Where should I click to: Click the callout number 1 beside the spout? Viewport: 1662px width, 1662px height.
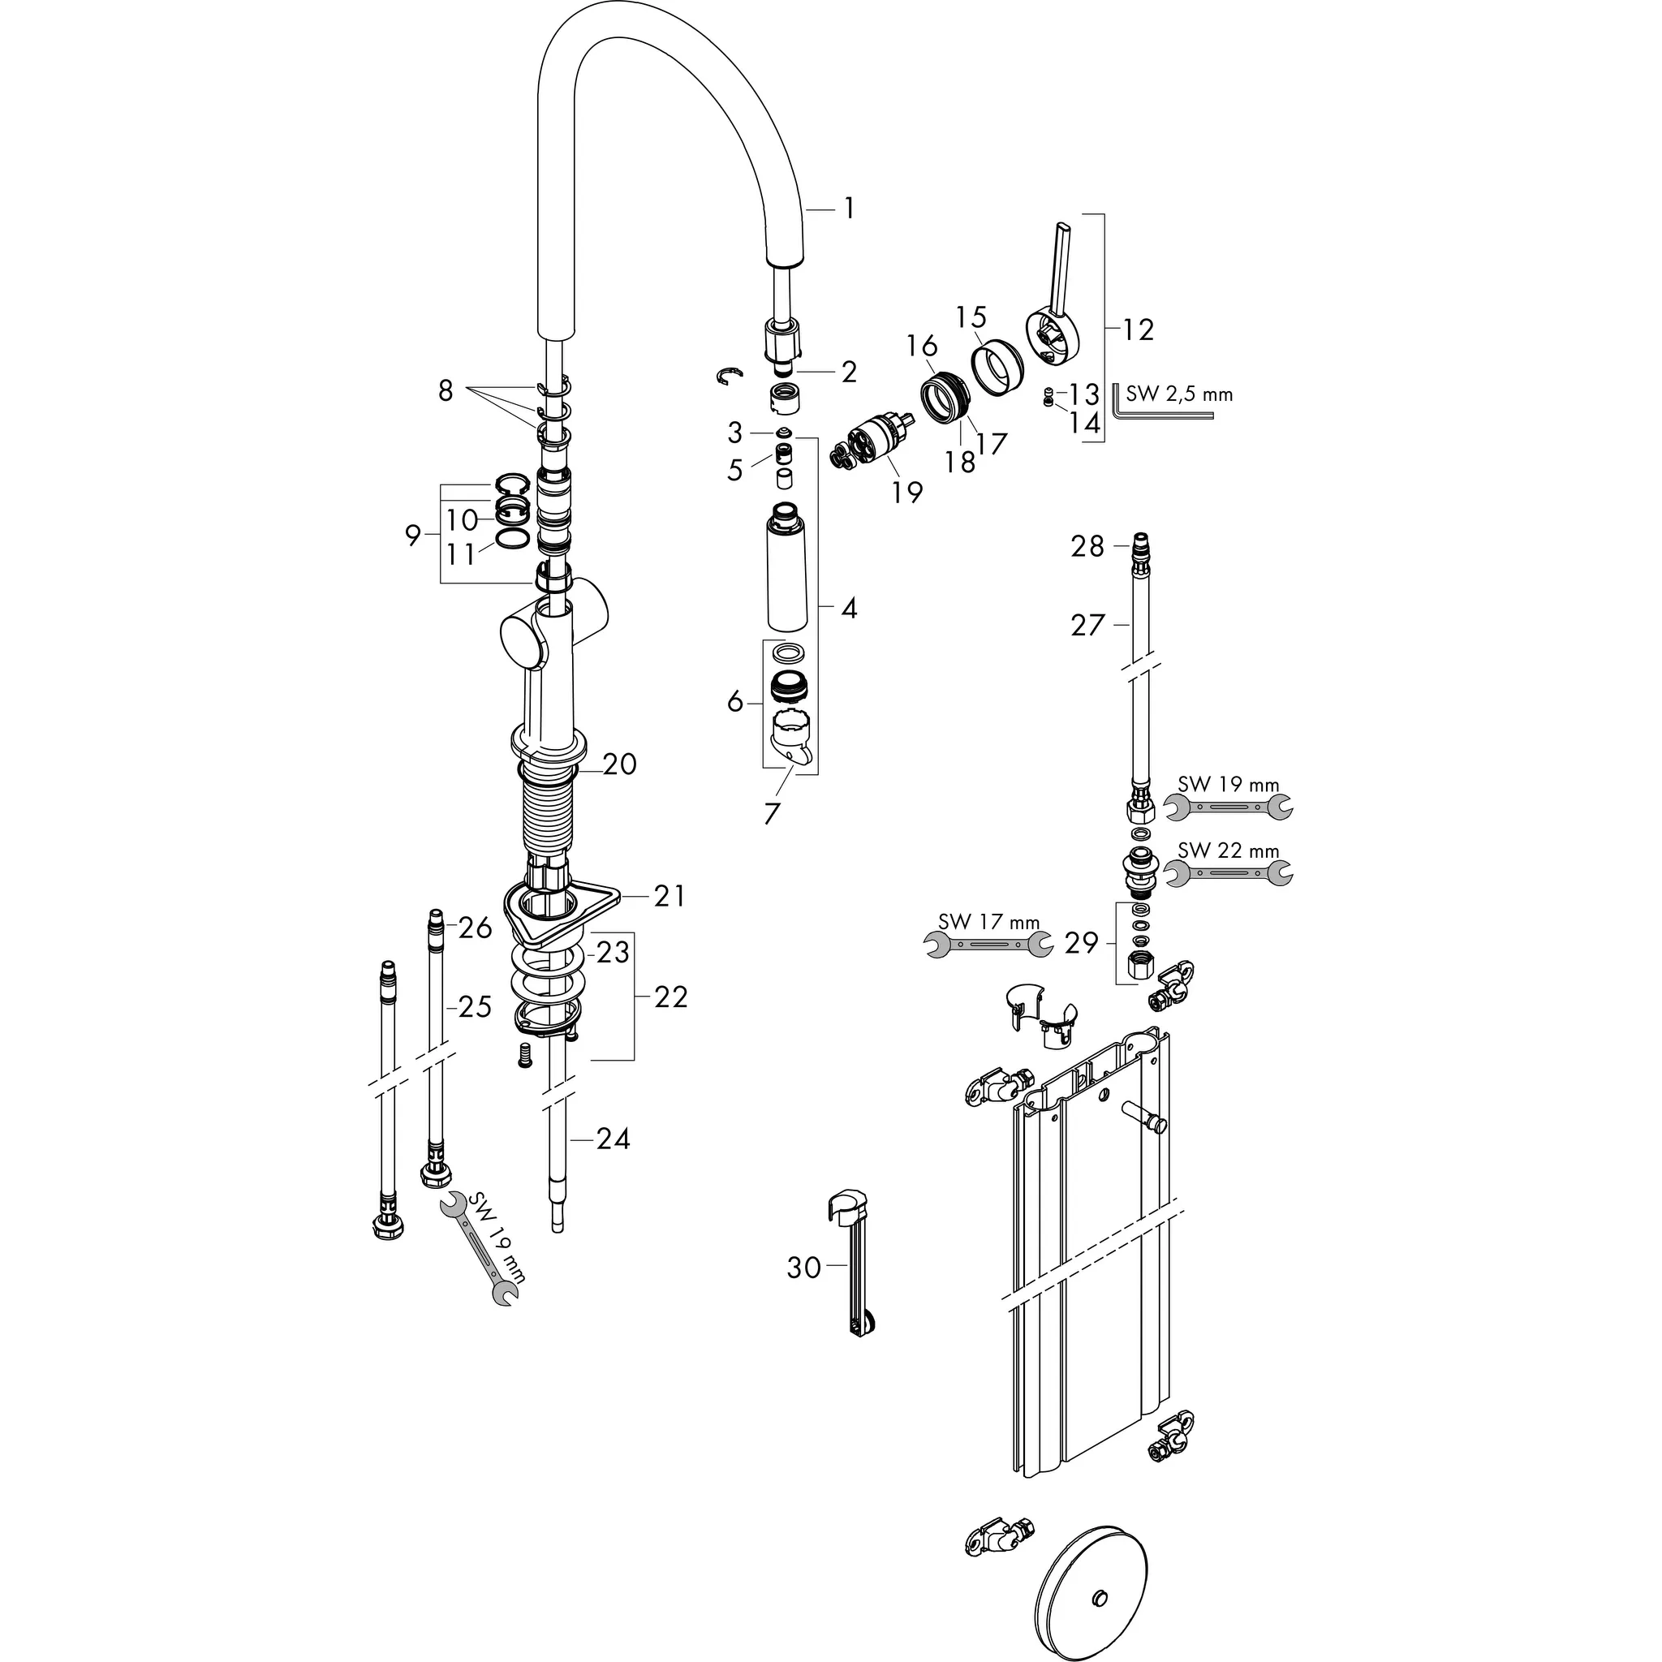[x=848, y=209]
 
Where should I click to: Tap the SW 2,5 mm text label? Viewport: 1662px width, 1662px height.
[x=1179, y=395]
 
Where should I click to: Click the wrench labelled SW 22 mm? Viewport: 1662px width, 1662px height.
[x=1228, y=874]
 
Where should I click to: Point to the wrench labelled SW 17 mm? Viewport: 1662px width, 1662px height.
[x=988, y=945]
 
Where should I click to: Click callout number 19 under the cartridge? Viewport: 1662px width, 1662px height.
[x=906, y=493]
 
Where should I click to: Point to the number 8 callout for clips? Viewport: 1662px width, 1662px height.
[x=445, y=391]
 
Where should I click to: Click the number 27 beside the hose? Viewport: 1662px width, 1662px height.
[x=1087, y=626]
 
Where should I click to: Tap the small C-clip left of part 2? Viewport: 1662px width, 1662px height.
[x=730, y=375]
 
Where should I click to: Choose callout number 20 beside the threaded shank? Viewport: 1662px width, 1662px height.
[x=619, y=764]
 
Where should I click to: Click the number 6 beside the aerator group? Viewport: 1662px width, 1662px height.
[x=734, y=702]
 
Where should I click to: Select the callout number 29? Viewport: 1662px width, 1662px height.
[x=1081, y=943]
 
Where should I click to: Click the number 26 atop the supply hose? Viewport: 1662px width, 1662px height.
[x=475, y=928]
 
